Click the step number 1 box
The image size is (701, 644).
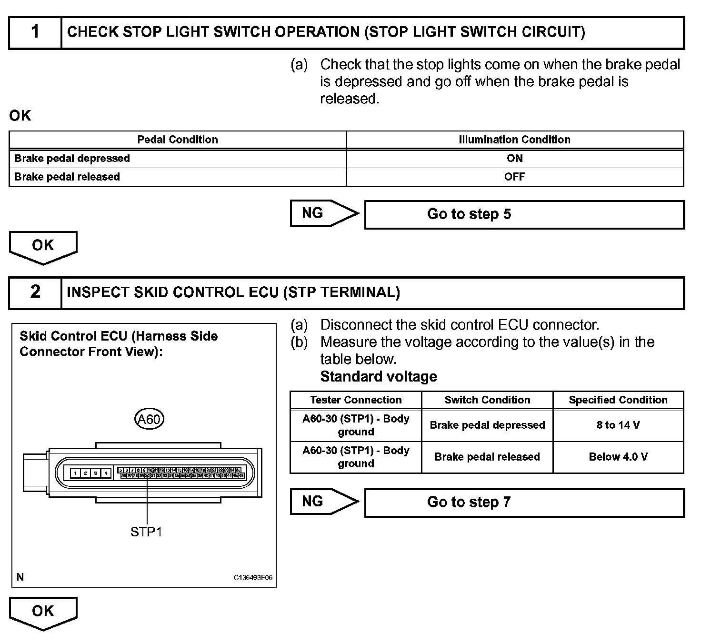[35, 32]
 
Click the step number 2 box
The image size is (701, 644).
[35, 292]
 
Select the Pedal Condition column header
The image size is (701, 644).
[177, 140]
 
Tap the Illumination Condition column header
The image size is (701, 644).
[514, 140]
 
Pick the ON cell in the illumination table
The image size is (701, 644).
[514, 158]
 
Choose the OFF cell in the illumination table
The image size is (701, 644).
[514, 177]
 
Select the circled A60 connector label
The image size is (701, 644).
[149, 419]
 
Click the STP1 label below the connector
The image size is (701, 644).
[146, 532]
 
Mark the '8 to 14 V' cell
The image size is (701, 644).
[618, 425]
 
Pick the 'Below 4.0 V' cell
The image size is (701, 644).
[618, 457]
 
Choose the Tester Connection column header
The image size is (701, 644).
[356, 400]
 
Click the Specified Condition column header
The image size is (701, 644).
[618, 400]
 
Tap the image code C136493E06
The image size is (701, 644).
[253, 578]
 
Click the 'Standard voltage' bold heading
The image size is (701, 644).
[379, 377]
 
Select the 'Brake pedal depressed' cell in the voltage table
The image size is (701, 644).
[487, 425]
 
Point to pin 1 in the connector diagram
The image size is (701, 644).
[75, 473]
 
